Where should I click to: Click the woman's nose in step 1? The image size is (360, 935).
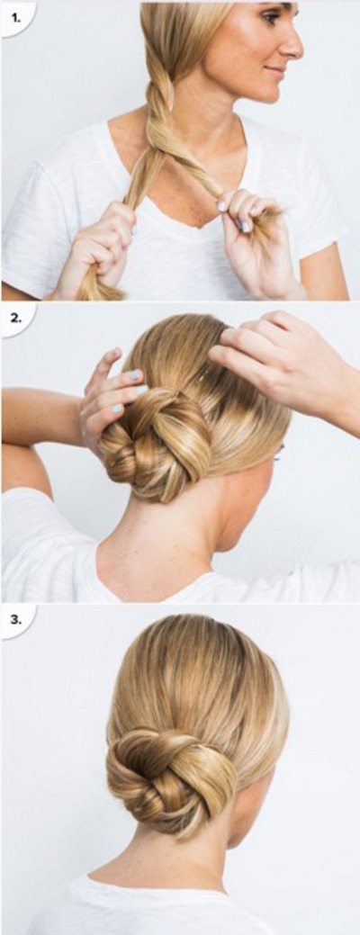tap(294, 46)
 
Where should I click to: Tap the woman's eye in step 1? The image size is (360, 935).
tap(272, 18)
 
